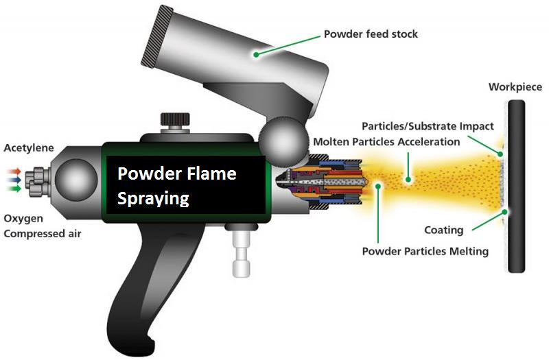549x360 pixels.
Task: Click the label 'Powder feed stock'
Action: (x=371, y=34)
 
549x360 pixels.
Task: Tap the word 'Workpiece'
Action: (x=515, y=87)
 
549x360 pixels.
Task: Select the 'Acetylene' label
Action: (x=29, y=148)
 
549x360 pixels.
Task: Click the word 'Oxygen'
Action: (x=23, y=219)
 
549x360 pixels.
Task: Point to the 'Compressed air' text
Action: (x=43, y=234)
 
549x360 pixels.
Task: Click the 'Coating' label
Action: (x=443, y=230)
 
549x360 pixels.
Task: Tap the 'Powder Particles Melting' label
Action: (x=425, y=251)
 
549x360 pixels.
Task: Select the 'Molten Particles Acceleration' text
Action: (x=386, y=142)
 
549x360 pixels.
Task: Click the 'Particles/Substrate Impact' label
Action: (x=428, y=126)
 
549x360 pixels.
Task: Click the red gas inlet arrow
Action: (x=14, y=171)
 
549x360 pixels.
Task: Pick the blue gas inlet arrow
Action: (x=14, y=180)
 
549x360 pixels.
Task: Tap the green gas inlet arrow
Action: (x=14, y=189)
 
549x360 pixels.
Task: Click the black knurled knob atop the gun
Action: (x=175, y=119)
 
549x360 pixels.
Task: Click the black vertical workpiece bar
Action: (x=517, y=186)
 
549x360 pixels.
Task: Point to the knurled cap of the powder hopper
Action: (x=157, y=36)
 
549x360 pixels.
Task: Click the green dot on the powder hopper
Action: (x=256, y=55)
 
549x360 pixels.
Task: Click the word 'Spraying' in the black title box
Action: (x=153, y=198)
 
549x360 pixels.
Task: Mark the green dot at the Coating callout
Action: (x=505, y=212)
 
